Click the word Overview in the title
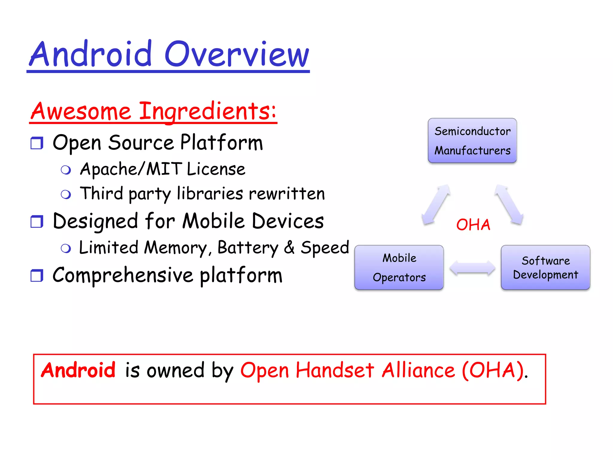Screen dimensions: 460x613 click(x=236, y=55)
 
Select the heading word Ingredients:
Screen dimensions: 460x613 click(x=208, y=111)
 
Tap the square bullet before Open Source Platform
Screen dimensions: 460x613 click(x=37, y=143)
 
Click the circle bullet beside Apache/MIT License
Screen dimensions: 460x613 click(x=66, y=170)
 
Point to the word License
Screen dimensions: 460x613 click(x=216, y=169)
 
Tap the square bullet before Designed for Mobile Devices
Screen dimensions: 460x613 click(x=37, y=222)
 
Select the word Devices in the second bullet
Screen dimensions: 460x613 click(x=288, y=221)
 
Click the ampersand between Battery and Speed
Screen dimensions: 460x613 click(x=289, y=247)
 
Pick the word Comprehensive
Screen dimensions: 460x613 click(x=123, y=275)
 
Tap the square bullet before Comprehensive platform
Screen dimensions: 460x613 click(x=37, y=276)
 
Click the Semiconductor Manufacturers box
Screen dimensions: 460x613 click(x=472, y=140)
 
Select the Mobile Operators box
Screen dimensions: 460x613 click(x=399, y=267)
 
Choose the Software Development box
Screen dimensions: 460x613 click(x=545, y=267)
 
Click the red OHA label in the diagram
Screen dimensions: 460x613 click(x=473, y=225)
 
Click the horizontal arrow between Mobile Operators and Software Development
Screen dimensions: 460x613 click(x=472, y=267)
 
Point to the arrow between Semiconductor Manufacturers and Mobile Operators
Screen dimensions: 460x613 click(x=436, y=204)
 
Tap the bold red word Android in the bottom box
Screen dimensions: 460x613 click(x=78, y=370)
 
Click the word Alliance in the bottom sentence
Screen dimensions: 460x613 click(x=418, y=370)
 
